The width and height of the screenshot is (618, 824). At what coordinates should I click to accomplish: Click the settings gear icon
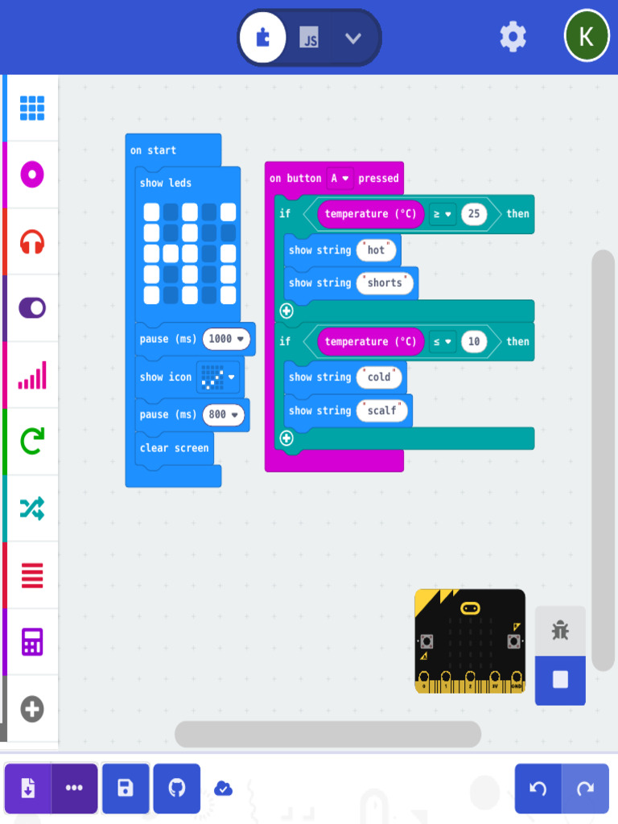pos(513,37)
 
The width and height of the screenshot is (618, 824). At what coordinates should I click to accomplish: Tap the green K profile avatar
pos(587,36)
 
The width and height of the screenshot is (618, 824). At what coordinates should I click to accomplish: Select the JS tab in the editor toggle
pos(309,38)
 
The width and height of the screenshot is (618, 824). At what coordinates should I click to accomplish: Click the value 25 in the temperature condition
pos(474,214)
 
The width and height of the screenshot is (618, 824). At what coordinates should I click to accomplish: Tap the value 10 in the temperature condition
pos(474,342)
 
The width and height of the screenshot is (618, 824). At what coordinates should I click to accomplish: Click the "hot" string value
pos(377,250)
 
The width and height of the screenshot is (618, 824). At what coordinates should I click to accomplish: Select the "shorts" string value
pos(385,283)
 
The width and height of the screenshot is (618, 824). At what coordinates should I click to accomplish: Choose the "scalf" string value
pos(382,410)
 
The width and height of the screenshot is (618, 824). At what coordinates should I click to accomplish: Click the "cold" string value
pos(379,377)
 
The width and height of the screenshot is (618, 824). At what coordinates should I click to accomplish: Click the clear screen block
pos(174,448)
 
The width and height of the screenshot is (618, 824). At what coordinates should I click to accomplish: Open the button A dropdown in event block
pos(340,179)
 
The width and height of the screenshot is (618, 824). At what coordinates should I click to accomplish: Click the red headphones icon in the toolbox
pos(32,241)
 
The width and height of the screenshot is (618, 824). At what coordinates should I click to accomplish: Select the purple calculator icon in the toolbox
pos(32,642)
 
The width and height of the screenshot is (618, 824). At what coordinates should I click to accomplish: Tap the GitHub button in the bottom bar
pos(176,788)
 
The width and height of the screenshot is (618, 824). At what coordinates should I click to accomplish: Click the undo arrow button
pos(538,789)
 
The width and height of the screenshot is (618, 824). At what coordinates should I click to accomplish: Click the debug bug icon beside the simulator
pos(560,631)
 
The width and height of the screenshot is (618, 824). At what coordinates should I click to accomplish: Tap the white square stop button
pos(560,680)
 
